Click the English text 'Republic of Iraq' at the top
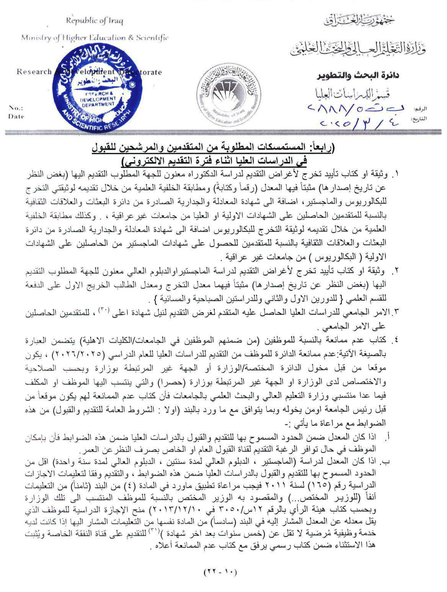coord(94,21)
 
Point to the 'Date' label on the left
coord(16,116)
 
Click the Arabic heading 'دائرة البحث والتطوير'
coord(359,76)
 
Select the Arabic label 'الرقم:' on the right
coord(420,109)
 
